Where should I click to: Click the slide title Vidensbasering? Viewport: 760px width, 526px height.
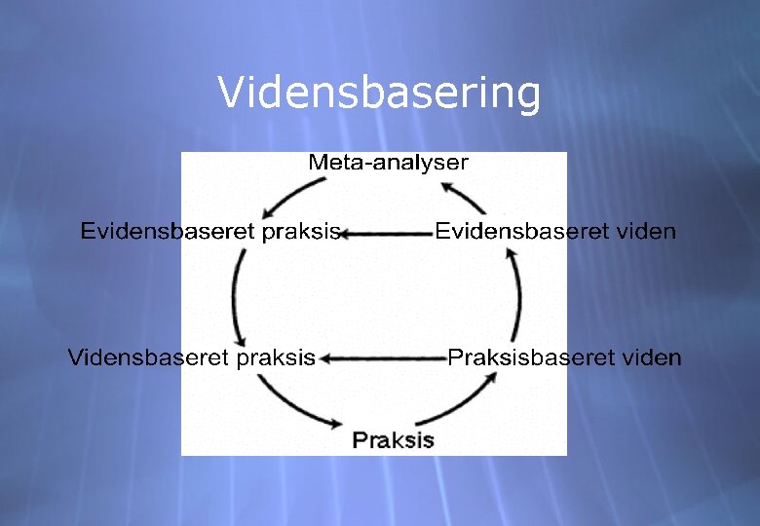click(x=378, y=94)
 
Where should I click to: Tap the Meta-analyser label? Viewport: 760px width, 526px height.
click(x=388, y=163)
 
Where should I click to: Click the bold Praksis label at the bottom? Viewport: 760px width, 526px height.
click(x=393, y=439)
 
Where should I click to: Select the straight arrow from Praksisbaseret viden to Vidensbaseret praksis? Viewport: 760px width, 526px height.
click(x=384, y=358)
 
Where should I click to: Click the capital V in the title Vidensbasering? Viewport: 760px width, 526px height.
click(x=230, y=94)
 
